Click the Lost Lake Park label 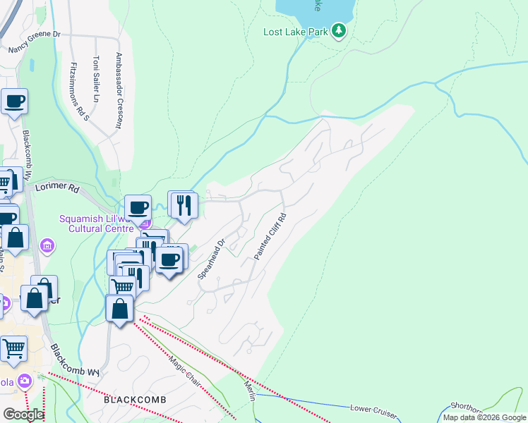296,32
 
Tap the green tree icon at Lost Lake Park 340,31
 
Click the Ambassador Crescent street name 119,90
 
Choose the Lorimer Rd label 57,188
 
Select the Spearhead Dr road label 210,258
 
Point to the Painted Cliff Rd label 270,237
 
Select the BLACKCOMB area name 135,400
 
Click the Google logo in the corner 23,415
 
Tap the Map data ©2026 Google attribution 484,417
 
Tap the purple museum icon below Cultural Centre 47,246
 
